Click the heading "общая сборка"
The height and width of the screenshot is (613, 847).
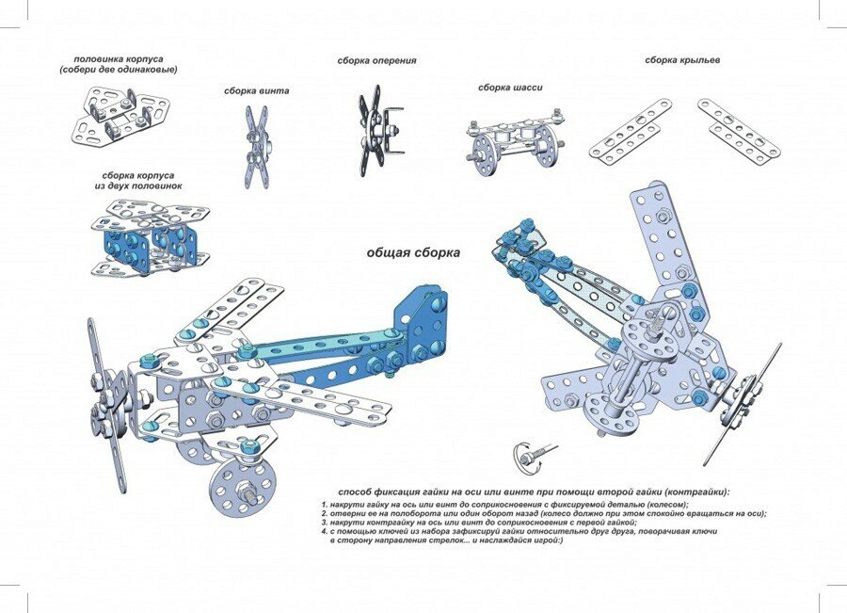click(413, 253)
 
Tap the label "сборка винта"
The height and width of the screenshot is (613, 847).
click(256, 91)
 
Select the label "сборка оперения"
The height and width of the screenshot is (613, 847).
click(376, 61)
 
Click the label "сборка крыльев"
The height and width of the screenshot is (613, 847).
click(682, 60)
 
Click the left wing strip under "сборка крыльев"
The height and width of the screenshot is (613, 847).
click(630, 131)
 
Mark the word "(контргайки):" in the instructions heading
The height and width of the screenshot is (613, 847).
click(692, 492)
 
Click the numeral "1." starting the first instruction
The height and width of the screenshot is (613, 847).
click(325, 505)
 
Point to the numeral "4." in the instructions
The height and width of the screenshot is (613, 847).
click(325, 531)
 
